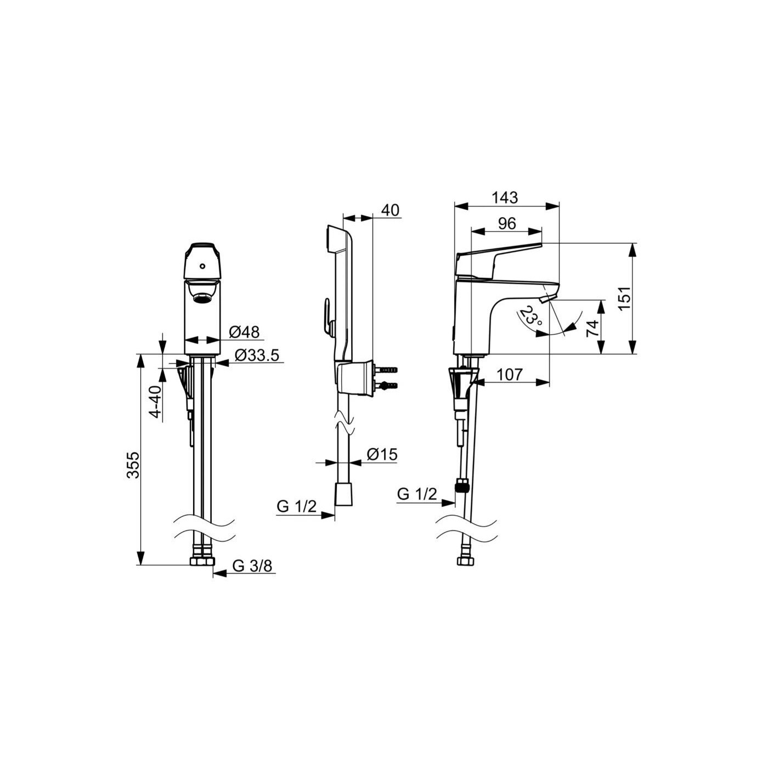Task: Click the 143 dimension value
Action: coord(505,197)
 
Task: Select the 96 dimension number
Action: coord(507,224)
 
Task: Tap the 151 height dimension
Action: coord(627,298)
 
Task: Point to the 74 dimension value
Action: coord(592,329)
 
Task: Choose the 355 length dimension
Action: coord(133,465)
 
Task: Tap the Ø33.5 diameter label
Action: coord(256,355)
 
